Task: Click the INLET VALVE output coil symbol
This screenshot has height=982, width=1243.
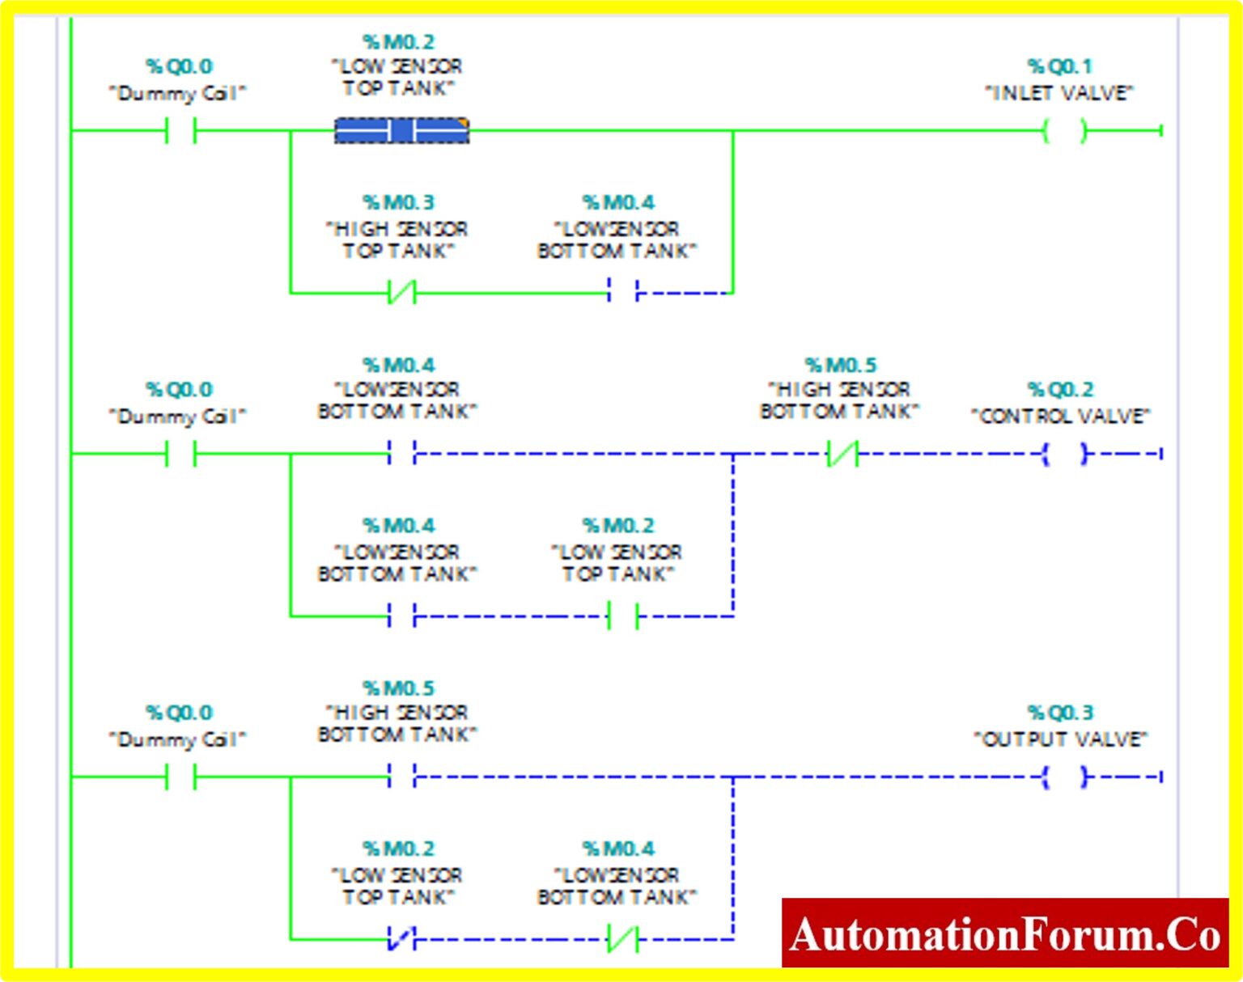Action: (1064, 130)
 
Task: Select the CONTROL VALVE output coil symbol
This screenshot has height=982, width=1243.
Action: (1064, 454)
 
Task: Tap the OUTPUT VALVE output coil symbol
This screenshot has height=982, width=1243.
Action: (1064, 777)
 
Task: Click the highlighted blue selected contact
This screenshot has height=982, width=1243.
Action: (402, 130)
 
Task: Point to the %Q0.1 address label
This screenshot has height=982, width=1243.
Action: (1059, 66)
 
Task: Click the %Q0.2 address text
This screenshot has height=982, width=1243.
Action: (1059, 390)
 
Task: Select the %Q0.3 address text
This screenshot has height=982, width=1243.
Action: (1059, 713)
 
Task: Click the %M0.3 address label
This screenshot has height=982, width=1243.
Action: (398, 202)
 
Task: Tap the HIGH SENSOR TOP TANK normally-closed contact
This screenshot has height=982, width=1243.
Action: (402, 292)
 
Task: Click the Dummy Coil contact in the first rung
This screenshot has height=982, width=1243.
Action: (180, 130)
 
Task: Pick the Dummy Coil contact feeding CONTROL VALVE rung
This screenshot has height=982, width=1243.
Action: (180, 454)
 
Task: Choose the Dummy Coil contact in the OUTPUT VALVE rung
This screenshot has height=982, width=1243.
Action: (180, 777)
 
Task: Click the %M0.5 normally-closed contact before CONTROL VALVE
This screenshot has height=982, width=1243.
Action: (842, 454)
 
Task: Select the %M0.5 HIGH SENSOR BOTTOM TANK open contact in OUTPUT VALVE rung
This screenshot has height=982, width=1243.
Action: (402, 777)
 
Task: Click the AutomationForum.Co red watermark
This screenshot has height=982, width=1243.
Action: (1005, 933)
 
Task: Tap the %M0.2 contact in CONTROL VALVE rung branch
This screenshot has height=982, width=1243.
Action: (623, 616)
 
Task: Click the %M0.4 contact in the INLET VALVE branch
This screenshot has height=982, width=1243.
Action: (623, 292)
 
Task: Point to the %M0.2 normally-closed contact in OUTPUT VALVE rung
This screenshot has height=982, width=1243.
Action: (402, 939)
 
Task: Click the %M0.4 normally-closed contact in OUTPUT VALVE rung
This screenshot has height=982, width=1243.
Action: (623, 939)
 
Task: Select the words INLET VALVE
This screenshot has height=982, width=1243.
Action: (1059, 94)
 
